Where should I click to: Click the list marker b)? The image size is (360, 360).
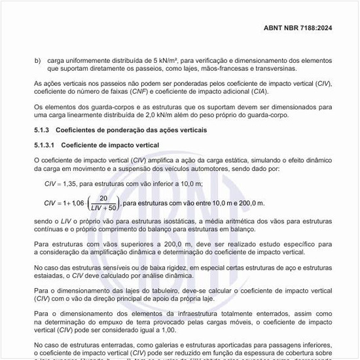[x=37, y=60]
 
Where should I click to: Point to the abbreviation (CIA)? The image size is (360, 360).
[x=272, y=92]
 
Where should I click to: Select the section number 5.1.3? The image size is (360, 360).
[x=43, y=130]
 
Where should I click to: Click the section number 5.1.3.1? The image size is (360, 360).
[x=46, y=145]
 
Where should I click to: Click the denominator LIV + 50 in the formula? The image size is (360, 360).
[x=102, y=208]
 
